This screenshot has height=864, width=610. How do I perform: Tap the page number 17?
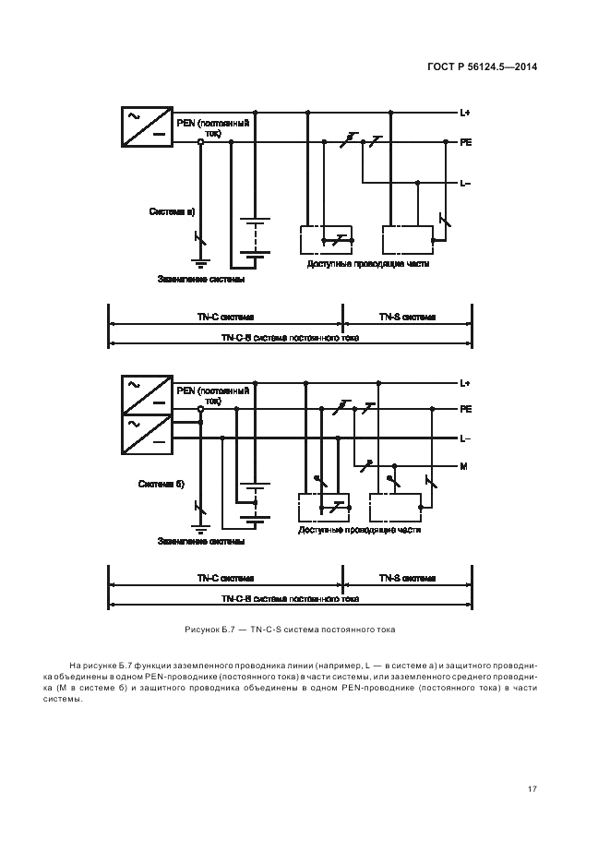[532, 788]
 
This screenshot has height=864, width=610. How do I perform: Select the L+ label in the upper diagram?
[465, 113]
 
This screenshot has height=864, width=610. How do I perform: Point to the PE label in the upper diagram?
[466, 143]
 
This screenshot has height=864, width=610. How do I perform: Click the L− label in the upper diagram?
[465, 183]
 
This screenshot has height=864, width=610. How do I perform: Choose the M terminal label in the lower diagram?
[463, 466]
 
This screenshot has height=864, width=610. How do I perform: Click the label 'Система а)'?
[172, 211]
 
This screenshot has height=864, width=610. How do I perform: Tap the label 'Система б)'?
[161, 483]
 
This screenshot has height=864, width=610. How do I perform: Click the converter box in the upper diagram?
[147, 126]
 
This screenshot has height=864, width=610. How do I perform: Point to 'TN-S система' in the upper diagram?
[407, 317]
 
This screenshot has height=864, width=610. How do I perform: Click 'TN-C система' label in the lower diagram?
[225, 578]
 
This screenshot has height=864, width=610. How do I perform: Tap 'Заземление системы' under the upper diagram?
[201, 279]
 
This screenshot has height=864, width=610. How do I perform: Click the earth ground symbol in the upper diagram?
[200, 262]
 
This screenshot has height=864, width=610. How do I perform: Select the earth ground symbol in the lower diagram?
[200, 529]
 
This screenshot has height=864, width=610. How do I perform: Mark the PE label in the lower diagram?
[466, 407]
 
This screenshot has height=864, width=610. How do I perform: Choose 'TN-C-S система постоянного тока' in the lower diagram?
[290, 598]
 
